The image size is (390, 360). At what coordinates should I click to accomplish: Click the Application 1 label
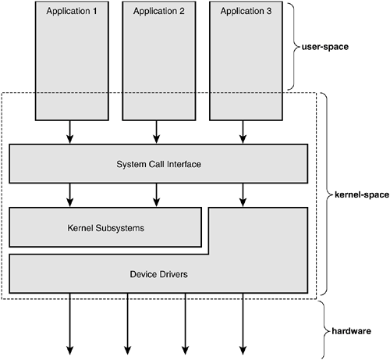click(72, 12)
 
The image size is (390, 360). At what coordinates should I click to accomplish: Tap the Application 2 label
click(159, 12)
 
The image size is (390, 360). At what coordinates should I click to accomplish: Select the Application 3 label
click(246, 12)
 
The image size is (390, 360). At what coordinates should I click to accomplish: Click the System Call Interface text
click(158, 164)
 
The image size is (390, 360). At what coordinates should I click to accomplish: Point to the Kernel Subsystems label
click(106, 228)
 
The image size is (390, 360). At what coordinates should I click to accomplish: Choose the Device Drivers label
click(158, 274)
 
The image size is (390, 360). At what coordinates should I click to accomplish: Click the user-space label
click(325, 47)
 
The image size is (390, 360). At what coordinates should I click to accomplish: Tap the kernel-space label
click(362, 194)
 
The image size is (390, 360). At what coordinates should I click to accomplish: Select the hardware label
click(351, 331)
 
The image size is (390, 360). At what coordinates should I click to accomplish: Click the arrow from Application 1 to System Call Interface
click(69, 132)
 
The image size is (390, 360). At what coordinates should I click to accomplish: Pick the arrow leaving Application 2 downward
click(156, 132)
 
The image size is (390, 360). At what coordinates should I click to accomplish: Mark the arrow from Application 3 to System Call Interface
click(243, 132)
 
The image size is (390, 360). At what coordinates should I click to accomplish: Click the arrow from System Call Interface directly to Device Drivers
click(243, 195)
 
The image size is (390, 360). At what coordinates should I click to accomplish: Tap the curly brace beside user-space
click(294, 47)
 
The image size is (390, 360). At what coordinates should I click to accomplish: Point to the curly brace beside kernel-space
click(327, 194)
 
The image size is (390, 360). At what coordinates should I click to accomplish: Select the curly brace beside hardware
click(325, 330)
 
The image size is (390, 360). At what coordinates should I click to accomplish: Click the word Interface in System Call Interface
click(184, 164)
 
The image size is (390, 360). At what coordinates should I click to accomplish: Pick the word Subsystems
click(120, 228)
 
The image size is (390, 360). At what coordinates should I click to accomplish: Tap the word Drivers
click(174, 274)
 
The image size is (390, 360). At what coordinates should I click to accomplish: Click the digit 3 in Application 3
click(269, 11)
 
